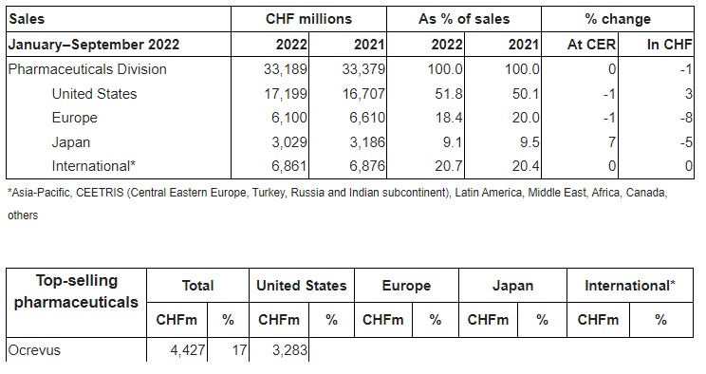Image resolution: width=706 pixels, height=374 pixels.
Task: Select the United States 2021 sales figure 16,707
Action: click(362, 94)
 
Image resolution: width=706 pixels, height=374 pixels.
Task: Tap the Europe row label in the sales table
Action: click(75, 118)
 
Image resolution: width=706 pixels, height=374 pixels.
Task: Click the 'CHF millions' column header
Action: click(310, 18)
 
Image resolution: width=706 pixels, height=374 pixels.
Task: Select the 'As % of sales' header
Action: click(464, 18)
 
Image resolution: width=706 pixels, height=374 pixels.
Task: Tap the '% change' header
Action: click(618, 18)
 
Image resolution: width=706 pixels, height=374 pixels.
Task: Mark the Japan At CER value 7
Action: click(611, 142)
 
